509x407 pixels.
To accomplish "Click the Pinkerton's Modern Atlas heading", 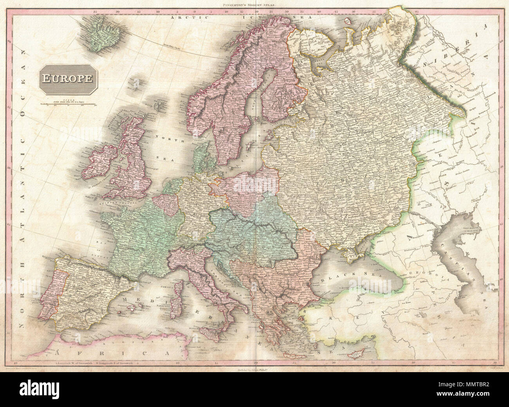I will coord(255,5).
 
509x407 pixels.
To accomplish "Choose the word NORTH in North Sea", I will coord(164,137).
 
